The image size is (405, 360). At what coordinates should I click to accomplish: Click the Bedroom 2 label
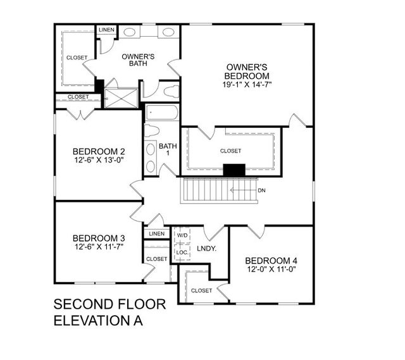[x=99, y=151]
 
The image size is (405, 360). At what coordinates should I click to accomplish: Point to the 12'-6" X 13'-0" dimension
[x=99, y=161]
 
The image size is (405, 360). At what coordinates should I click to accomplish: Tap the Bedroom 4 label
[x=271, y=261]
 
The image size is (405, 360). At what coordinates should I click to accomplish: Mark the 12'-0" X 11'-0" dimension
[x=271, y=270]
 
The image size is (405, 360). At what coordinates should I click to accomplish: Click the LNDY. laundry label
[x=207, y=249]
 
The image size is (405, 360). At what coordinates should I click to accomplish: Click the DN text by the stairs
[x=262, y=190]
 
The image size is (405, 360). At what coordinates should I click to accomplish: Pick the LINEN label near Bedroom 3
[x=156, y=234]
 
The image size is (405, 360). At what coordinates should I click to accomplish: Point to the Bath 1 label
[x=168, y=149]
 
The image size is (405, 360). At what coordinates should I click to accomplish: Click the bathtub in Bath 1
[x=163, y=113]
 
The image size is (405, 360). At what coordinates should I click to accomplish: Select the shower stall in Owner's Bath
[x=121, y=99]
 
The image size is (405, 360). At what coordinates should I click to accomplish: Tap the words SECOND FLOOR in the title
[x=109, y=304]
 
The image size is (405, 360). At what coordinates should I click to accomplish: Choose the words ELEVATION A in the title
[x=98, y=320]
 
